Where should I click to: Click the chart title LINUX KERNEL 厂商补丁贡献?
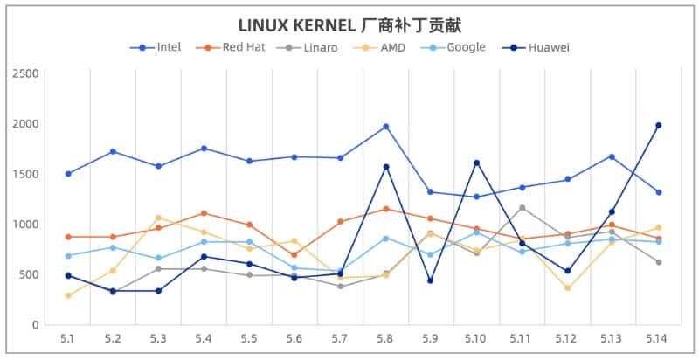[x=349, y=24]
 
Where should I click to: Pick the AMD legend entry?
[x=392, y=47]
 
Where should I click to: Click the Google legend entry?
[x=466, y=47]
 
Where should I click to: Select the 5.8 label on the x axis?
[x=385, y=338]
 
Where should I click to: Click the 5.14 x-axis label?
[x=658, y=338]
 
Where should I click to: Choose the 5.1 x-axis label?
[x=67, y=338]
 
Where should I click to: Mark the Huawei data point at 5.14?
[x=658, y=125]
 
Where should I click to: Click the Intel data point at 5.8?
[x=385, y=127]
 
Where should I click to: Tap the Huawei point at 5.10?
[x=476, y=163]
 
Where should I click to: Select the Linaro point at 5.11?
[x=522, y=207]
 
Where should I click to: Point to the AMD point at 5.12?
[x=567, y=287]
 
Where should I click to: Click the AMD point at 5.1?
[x=67, y=295]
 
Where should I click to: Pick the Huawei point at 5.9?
[x=431, y=280]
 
